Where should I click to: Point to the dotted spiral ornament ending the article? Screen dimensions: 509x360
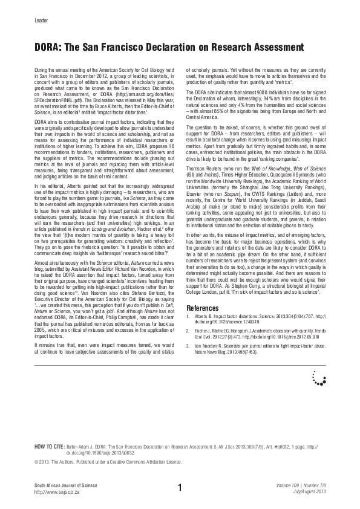coord(318,378)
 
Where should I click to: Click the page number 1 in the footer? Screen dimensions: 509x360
coord(180,487)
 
